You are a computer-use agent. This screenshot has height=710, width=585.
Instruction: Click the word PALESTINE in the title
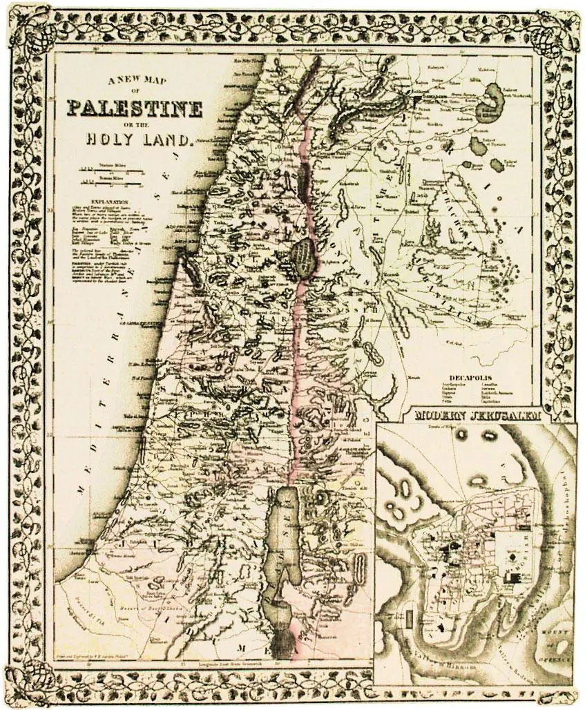[135, 109]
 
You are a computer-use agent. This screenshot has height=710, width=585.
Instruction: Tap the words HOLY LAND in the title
[138, 138]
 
